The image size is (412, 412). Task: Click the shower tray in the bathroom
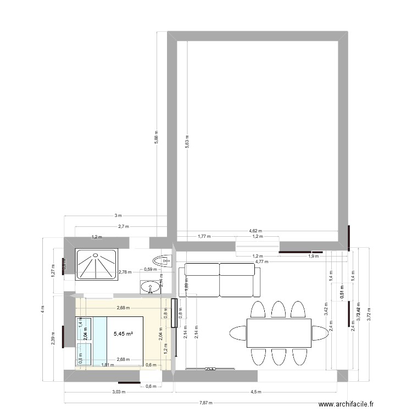97,265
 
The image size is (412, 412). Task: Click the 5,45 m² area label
123,333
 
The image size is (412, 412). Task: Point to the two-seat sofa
219,279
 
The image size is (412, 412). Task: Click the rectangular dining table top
279,333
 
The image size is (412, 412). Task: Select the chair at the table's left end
238,333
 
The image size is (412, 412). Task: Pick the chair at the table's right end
320,333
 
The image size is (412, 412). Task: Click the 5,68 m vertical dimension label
157,137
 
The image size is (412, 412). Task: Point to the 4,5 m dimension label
256,392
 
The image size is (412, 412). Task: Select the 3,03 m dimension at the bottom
118,392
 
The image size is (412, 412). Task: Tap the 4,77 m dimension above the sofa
261,261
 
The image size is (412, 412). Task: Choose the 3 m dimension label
118,216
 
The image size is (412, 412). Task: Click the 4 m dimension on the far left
42,309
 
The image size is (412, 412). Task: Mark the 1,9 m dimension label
313,256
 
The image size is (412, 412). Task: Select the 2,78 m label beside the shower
125,271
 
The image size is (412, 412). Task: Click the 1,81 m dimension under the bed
108,365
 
